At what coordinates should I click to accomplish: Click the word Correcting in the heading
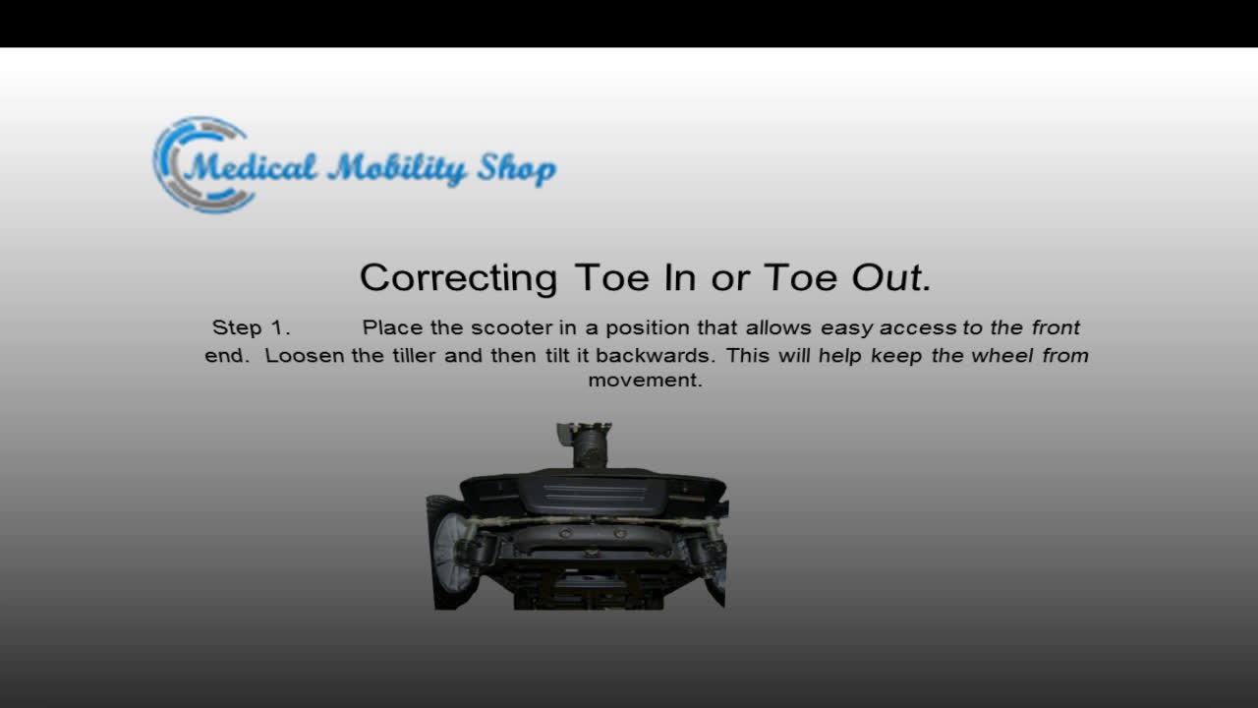point(458,278)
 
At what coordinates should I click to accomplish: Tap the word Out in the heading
point(890,278)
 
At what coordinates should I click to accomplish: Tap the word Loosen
point(305,355)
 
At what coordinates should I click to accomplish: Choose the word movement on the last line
point(645,381)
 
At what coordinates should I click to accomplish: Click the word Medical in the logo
point(251,167)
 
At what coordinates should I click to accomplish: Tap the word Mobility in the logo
point(397,169)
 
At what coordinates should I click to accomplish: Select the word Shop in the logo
point(516,169)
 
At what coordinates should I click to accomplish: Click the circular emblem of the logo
point(197,164)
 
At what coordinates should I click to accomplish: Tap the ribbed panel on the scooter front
point(593,493)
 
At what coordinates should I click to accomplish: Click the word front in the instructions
point(1056,328)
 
